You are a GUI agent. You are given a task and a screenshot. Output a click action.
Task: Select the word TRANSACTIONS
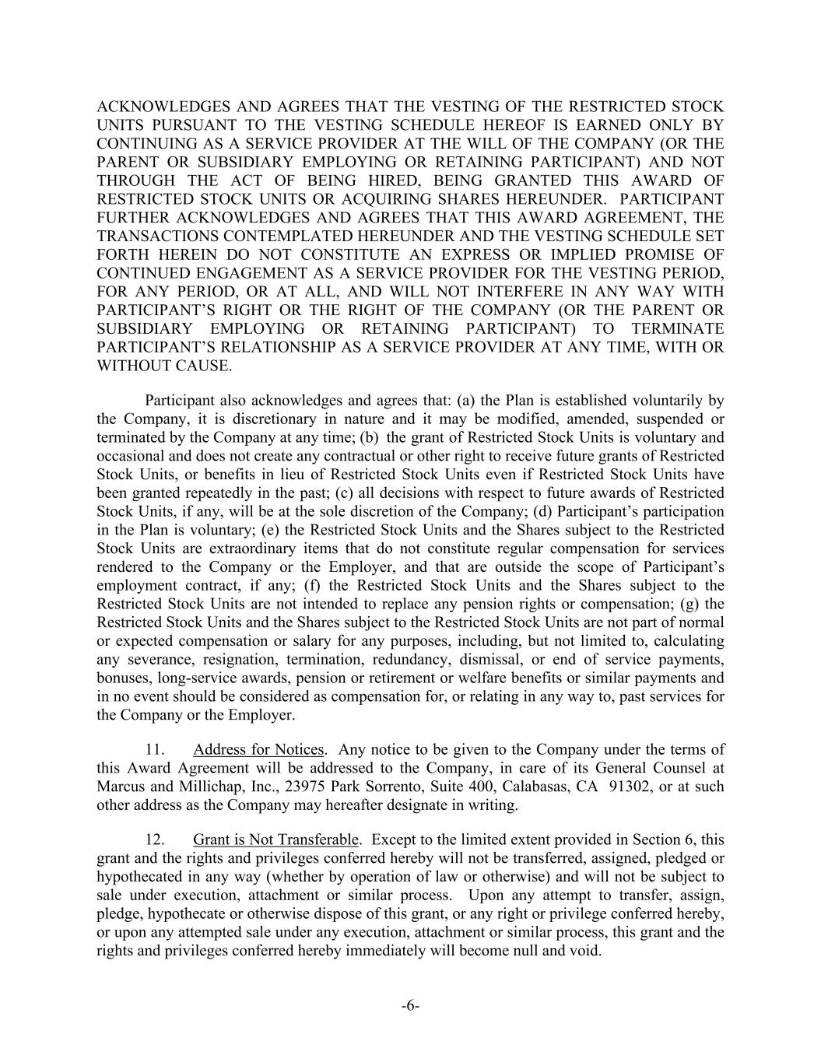(x=173, y=236)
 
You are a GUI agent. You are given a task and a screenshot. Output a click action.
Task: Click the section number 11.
(x=154, y=749)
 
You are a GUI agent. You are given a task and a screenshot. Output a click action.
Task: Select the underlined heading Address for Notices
(x=258, y=749)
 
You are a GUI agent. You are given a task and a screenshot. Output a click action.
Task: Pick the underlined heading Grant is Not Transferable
(x=275, y=839)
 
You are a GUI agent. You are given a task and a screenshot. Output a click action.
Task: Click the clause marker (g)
(x=691, y=604)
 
